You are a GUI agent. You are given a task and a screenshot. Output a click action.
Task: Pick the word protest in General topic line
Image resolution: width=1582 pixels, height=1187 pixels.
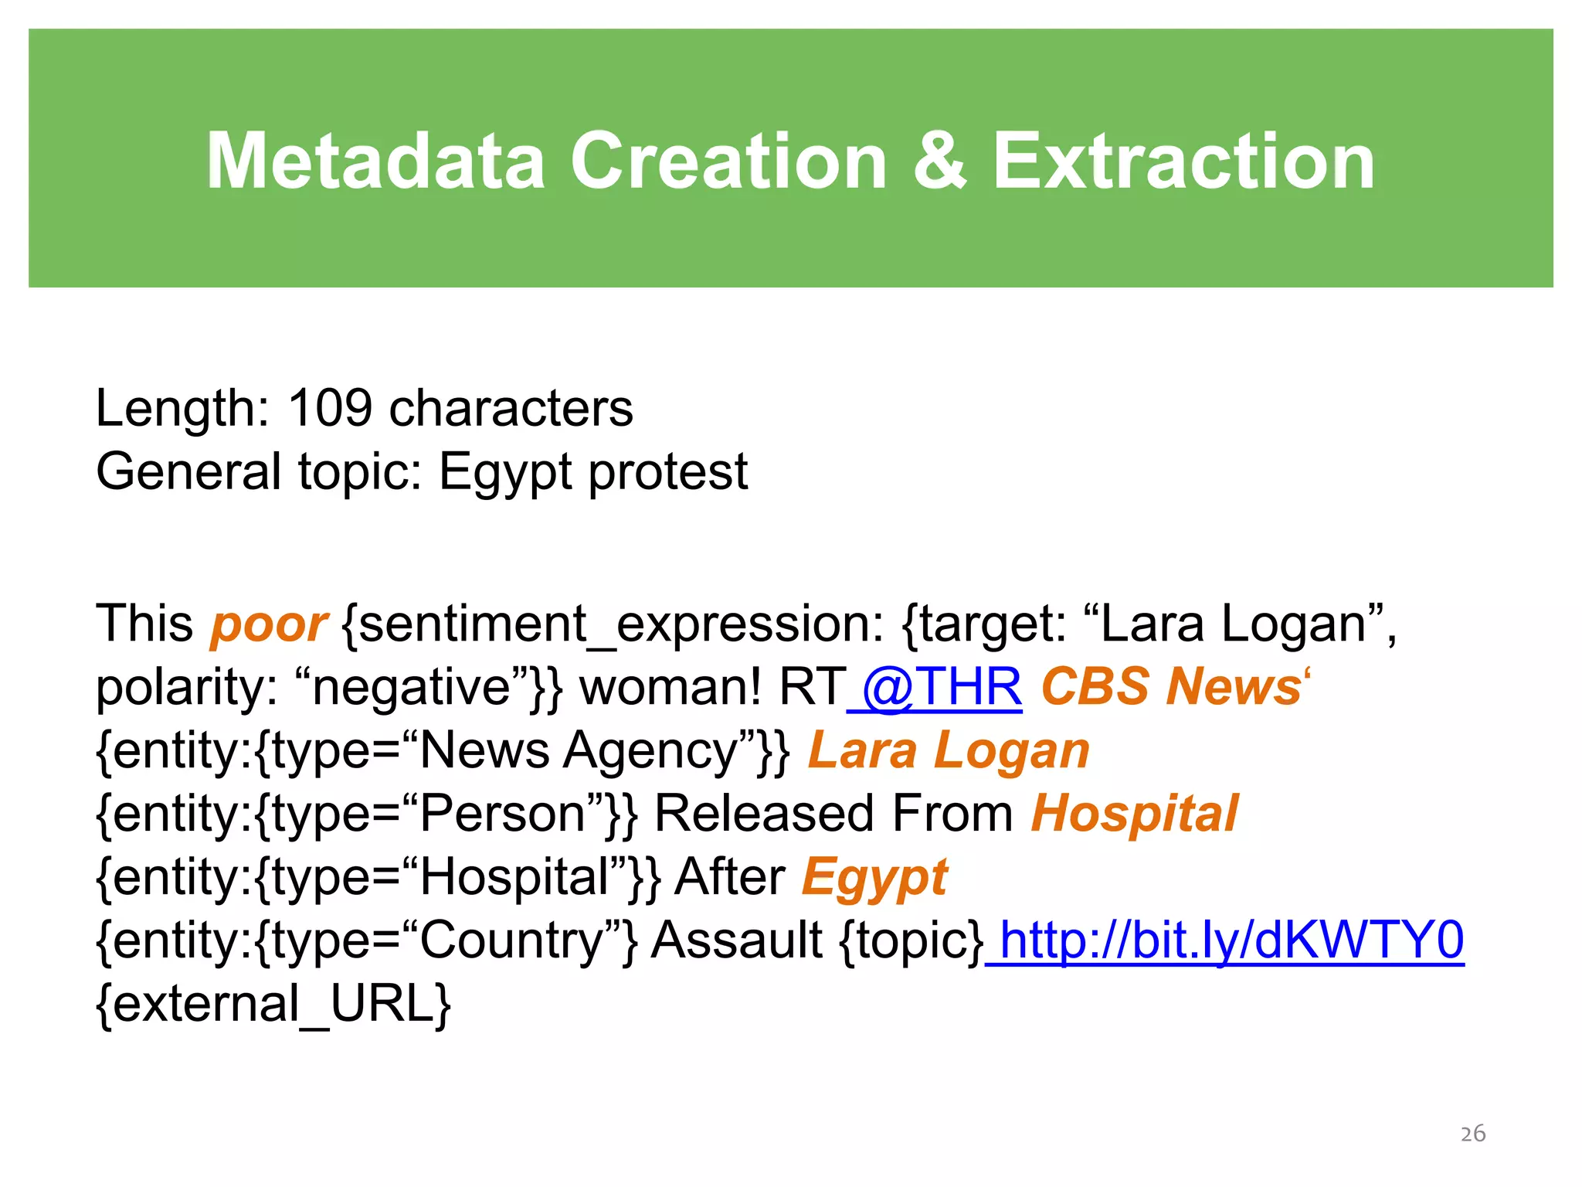tap(668, 472)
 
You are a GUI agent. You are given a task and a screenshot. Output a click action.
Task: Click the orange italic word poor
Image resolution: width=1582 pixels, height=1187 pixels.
tap(268, 624)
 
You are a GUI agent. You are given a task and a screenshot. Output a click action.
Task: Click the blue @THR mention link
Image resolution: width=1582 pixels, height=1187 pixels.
tap(941, 687)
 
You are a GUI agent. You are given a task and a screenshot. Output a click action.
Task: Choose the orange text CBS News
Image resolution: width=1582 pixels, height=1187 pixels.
tap(1170, 687)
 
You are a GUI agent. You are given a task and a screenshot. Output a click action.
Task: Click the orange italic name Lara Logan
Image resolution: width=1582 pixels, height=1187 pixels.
tap(949, 750)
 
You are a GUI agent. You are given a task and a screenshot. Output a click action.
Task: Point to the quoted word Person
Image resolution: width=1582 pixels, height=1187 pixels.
tap(502, 814)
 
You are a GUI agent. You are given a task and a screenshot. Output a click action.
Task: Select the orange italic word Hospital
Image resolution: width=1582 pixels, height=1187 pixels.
tap(1134, 814)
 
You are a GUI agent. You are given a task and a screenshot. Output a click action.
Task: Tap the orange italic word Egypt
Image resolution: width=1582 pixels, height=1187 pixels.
tap(874, 877)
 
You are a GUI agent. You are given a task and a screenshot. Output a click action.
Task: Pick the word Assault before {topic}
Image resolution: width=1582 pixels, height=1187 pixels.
tap(736, 940)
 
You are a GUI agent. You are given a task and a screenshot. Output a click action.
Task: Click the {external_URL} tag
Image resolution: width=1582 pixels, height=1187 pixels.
tap(273, 1004)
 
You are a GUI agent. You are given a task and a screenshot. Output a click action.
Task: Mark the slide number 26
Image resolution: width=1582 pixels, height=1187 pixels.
tap(1473, 1134)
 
